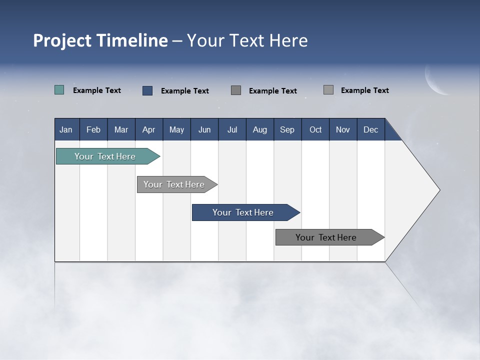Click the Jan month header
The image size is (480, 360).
tap(66, 129)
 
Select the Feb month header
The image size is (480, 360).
tap(93, 129)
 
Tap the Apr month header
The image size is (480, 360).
tap(148, 129)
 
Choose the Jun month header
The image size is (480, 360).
tap(204, 129)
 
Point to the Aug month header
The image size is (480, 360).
tap(260, 129)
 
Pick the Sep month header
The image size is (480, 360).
tap(287, 129)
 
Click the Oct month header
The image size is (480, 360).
tap(315, 129)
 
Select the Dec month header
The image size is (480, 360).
tap(370, 129)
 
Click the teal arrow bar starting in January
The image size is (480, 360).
tap(105, 156)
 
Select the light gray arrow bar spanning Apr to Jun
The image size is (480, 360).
tap(174, 184)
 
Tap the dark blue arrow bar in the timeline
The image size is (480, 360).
tap(243, 212)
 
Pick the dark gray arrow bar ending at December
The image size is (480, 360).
tap(326, 237)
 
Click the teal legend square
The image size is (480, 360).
tap(59, 90)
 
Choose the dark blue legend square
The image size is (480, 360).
tap(147, 90)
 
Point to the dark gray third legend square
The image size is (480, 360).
tap(236, 90)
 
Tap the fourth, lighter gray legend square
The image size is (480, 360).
tap(328, 90)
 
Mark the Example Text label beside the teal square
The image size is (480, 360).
tap(97, 90)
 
